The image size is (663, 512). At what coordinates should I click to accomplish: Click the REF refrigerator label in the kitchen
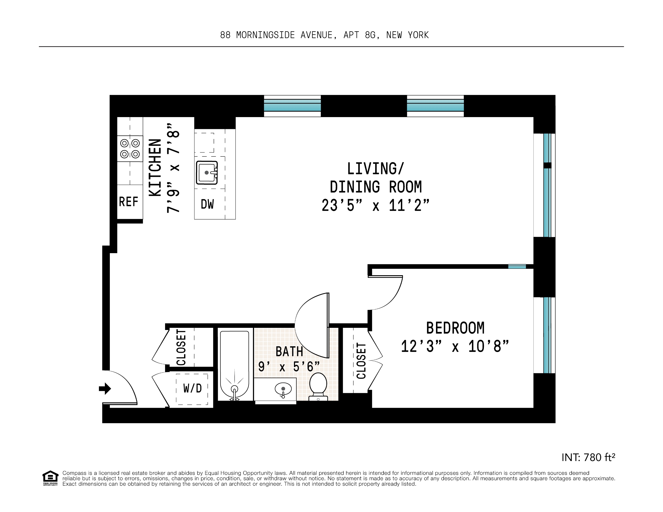pyautogui.click(x=128, y=202)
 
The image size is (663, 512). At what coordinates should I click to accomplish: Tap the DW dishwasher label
pyautogui.click(x=207, y=204)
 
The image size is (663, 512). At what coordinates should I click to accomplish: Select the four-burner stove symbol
pyautogui.click(x=130, y=149)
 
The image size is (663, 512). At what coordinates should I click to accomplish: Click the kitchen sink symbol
pyautogui.click(x=207, y=173)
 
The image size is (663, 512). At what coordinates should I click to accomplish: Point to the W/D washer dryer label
pyautogui.click(x=192, y=388)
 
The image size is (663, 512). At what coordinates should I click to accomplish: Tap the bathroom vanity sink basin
pyautogui.click(x=283, y=389)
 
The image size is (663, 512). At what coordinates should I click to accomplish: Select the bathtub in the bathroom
pyautogui.click(x=234, y=364)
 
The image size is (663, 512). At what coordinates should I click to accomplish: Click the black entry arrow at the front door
pyautogui.click(x=105, y=389)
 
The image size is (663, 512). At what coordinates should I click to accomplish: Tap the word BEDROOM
pyautogui.click(x=455, y=328)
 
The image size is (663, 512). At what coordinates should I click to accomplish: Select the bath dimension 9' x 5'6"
pyautogui.click(x=289, y=367)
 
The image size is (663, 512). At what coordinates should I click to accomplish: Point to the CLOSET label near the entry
pyautogui.click(x=181, y=347)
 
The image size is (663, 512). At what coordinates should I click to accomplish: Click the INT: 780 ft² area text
pyautogui.click(x=588, y=457)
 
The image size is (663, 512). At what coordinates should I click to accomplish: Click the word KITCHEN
pyautogui.click(x=155, y=168)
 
